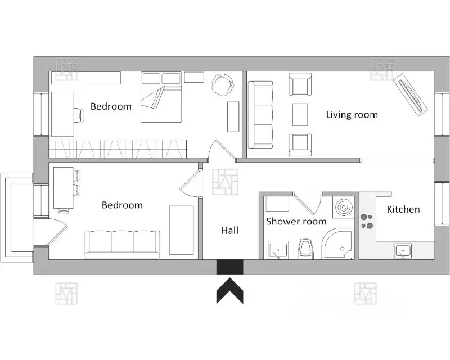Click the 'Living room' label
coord(352,115)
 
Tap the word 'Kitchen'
coord(403,209)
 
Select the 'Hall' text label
coord(230,230)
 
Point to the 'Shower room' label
coord(296,221)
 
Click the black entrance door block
coord(230,267)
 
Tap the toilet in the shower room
coord(306,249)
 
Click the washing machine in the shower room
coord(344,206)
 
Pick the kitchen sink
coord(403,251)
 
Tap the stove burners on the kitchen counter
coord(367,221)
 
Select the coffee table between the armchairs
coord(300,115)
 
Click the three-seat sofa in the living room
coord(260,115)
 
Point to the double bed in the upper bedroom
coord(161,98)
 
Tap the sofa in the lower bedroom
coord(123,244)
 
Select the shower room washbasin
coord(278,250)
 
